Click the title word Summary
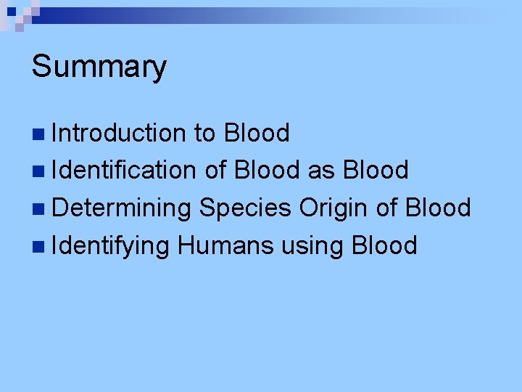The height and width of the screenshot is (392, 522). point(99,68)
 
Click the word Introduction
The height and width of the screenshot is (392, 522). point(119,133)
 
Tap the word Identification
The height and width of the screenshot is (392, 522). point(124,170)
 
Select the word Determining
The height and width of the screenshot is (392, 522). point(121,208)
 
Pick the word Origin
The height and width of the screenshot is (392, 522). point(334,208)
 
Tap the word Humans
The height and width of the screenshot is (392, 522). point(225,245)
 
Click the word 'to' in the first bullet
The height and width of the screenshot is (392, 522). point(204,133)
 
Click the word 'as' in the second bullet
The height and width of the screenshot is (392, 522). point(322,170)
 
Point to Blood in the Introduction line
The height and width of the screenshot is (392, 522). point(257,133)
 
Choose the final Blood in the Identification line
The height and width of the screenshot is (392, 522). point(376,170)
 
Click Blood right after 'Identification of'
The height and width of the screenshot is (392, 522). point(267,170)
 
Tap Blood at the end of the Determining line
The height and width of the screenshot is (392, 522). point(438,208)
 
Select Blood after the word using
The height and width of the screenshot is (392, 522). point(384,245)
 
